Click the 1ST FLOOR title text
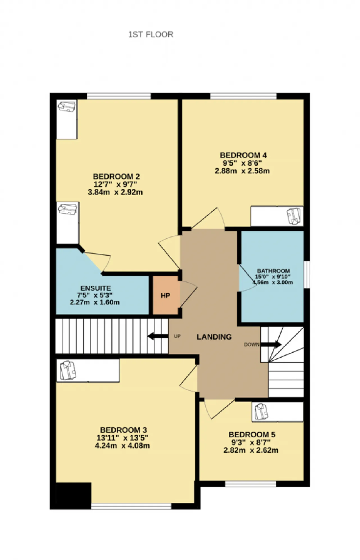tap(151, 35)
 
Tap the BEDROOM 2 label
tap(116, 177)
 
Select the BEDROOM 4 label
tap(243, 155)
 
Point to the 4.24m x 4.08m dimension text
tap(122, 446)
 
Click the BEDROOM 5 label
tap(252, 435)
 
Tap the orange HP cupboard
tap(166, 295)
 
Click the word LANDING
tap(214, 337)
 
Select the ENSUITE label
tap(96, 288)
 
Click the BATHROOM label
tap(273, 271)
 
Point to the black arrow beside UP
tap(158, 336)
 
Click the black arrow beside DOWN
tap(271, 344)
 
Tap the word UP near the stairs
tap(177, 336)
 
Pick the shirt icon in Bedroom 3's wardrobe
tap(68, 370)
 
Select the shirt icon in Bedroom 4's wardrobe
tap(294, 216)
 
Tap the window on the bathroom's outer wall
tap(307, 275)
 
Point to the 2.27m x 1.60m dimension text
tap(95, 302)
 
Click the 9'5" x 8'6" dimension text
tap(242, 163)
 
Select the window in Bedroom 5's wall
tap(251, 484)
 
